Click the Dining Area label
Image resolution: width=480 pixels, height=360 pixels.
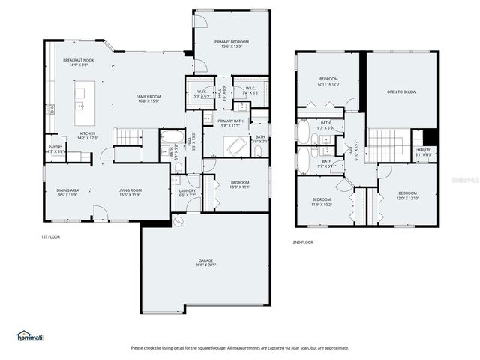tap(69, 192)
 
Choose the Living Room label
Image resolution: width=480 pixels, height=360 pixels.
tap(130, 192)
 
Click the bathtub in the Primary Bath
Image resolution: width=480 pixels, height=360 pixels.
tap(238, 145)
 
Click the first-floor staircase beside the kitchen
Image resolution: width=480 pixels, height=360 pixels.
tap(128, 136)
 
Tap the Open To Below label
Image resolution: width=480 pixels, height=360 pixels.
tap(401, 92)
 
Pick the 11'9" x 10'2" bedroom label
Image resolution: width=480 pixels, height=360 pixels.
tap(322, 201)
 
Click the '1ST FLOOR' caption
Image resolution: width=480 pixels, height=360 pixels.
tap(50, 237)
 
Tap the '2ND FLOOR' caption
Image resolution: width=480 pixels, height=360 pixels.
tap(302, 242)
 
